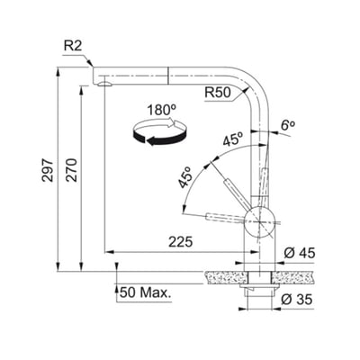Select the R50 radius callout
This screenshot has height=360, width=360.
point(219,90)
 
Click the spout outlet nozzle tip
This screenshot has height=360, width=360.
point(104,82)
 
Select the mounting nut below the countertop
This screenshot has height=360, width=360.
point(260,292)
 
